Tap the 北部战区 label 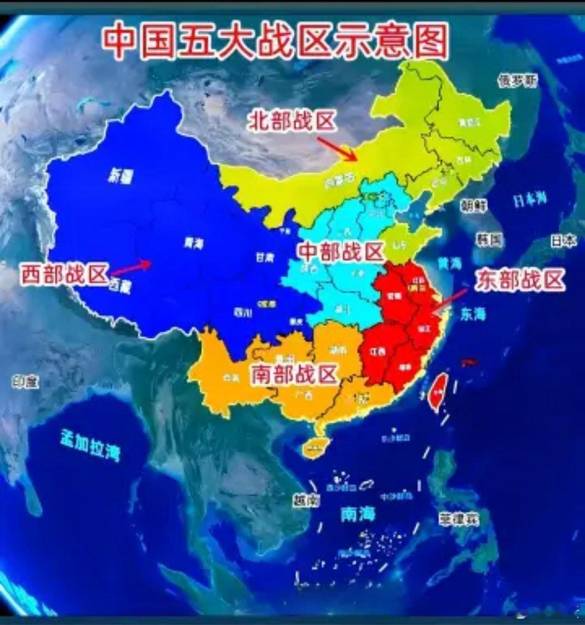click(291, 122)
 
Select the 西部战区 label click(64, 274)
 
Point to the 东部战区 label click(519, 280)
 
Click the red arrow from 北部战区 click(337, 148)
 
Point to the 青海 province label click(191, 241)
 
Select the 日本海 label click(530, 200)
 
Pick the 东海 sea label click(473, 313)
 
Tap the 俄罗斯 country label click(517, 82)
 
